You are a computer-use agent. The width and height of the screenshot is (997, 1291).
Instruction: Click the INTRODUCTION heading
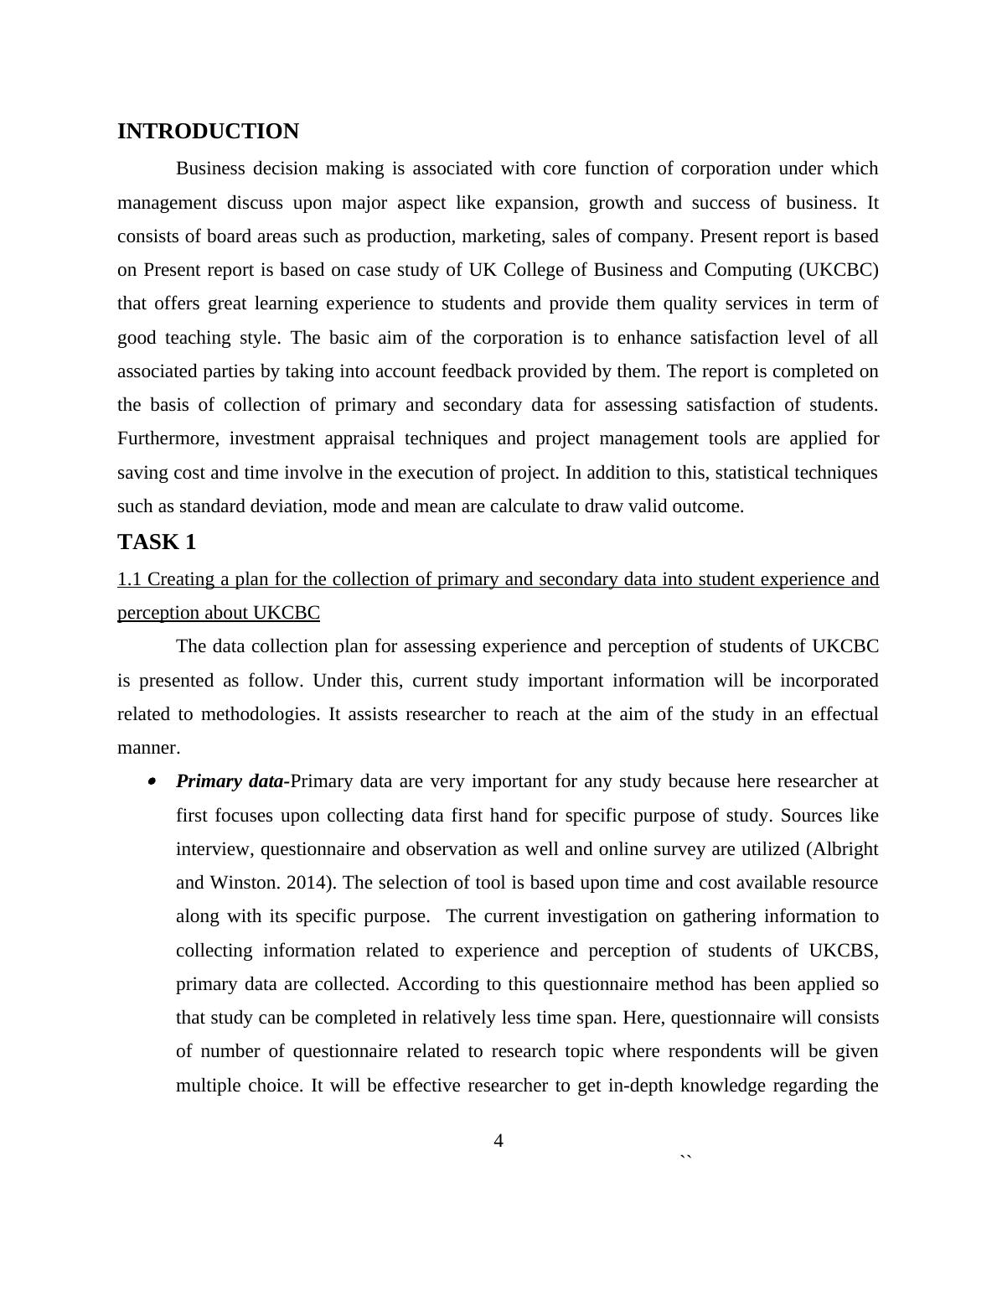(x=208, y=132)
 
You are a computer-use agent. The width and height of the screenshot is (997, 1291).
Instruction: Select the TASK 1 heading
(x=157, y=542)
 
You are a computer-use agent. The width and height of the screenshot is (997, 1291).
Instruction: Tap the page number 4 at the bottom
(x=498, y=1141)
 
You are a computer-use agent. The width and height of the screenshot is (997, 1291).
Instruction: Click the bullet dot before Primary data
(x=152, y=781)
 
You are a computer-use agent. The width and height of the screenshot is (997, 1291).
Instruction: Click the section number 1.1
(x=129, y=579)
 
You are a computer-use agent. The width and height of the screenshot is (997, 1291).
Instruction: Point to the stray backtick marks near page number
(x=686, y=1159)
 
